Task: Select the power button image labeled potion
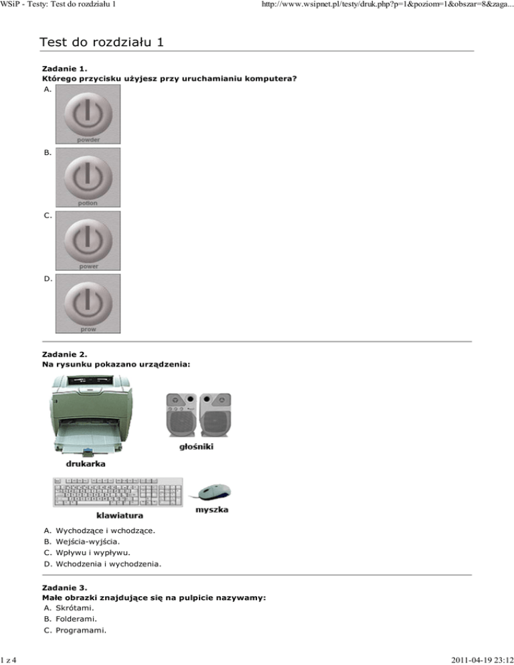pos(88,177)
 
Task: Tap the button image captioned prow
pos(88,302)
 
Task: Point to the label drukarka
pos(85,463)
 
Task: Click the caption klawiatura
pos(119,516)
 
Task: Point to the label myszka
pos(211,510)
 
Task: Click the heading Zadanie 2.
pos(64,353)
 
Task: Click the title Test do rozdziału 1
pos(101,43)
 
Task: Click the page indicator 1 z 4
pos(9,659)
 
